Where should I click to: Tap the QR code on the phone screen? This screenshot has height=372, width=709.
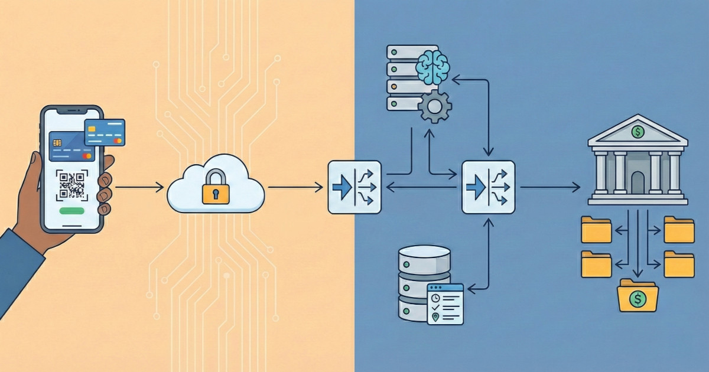click(72, 185)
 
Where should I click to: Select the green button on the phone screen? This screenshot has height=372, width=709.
click(72, 211)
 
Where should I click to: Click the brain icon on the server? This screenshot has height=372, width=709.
click(432, 66)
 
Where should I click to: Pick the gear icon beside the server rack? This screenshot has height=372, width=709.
click(435, 106)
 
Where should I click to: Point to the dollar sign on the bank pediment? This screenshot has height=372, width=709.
click(638, 132)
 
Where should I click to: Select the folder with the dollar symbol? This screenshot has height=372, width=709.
click(638, 297)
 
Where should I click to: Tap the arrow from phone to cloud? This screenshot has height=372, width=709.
click(139, 187)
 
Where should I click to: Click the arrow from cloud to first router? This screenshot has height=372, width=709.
click(295, 187)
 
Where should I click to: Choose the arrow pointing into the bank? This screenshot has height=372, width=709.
click(549, 187)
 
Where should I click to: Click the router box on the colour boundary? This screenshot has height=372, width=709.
click(354, 187)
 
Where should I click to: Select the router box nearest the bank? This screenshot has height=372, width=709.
click(488, 187)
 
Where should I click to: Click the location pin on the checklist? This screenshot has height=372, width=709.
click(435, 316)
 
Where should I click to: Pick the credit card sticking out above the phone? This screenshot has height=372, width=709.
click(105, 132)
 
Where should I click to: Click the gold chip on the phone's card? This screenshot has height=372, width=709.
click(57, 143)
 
